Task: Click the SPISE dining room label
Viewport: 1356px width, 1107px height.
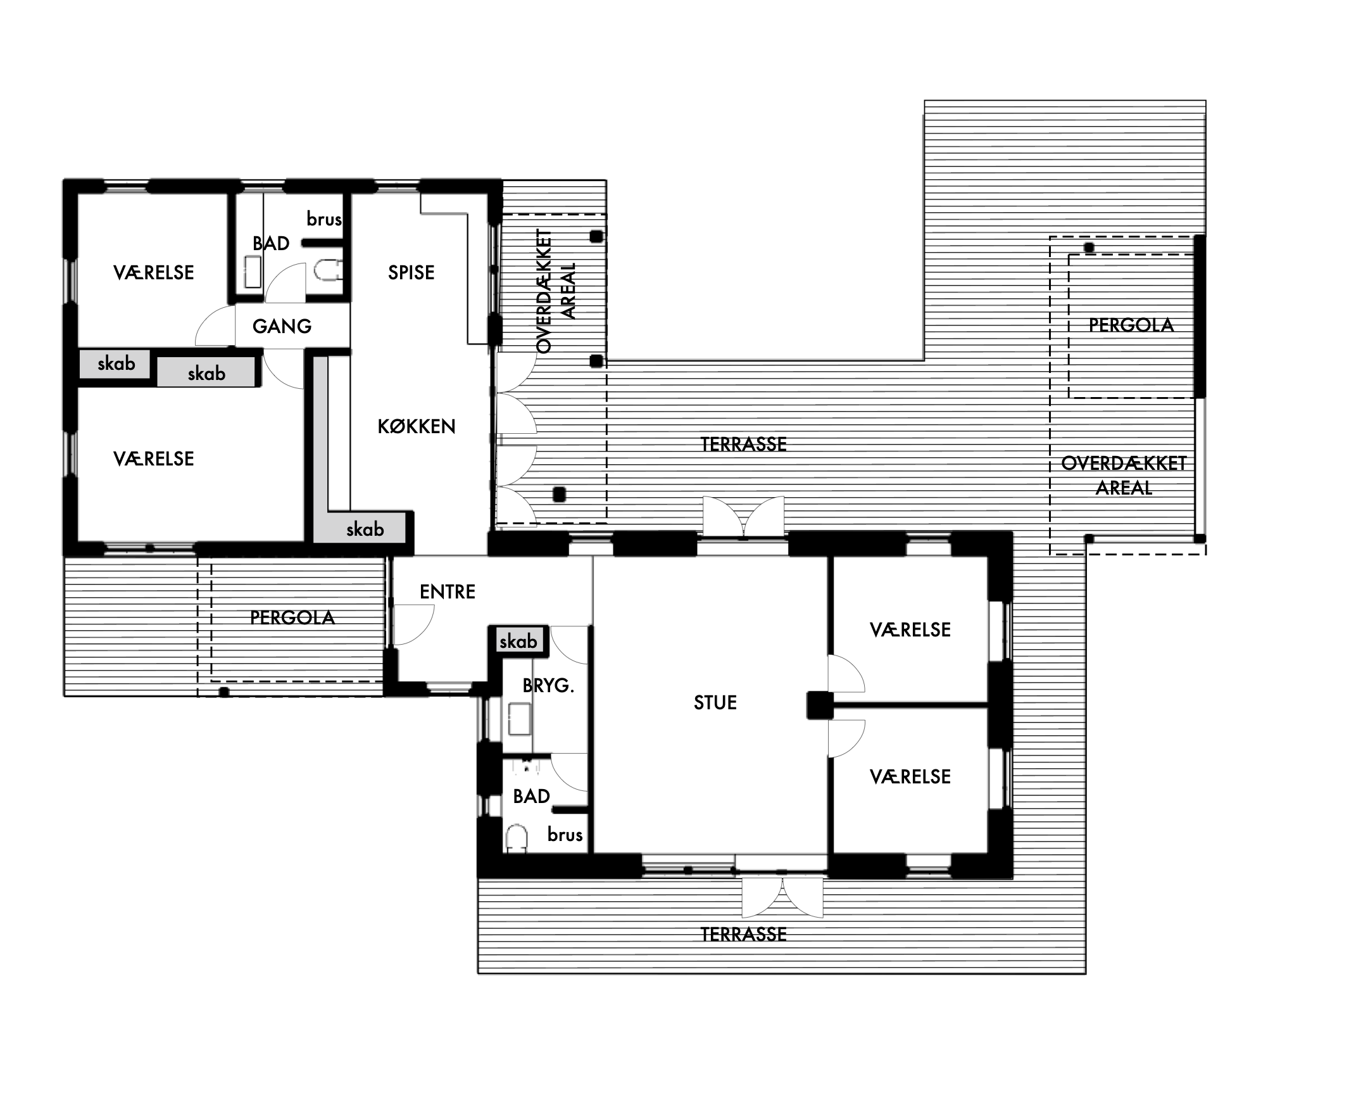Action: (411, 273)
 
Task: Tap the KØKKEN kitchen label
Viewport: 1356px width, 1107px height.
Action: (417, 427)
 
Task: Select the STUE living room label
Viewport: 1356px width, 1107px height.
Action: (715, 703)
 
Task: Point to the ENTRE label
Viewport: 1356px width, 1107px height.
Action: (448, 591)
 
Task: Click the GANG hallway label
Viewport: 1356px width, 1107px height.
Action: (282, 327)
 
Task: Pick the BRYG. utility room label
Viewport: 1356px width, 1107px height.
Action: (548, 685)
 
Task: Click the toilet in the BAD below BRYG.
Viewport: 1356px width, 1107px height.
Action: (517, 838)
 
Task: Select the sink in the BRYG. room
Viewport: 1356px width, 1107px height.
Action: (520, 719)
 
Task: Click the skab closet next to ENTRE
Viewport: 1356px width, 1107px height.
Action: (518, 641)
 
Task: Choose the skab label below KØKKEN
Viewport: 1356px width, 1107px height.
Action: (365, 529)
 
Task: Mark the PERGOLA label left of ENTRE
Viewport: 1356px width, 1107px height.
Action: (292, 617)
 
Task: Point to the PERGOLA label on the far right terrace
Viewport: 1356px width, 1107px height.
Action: (1131, 326)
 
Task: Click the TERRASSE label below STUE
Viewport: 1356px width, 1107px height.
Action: (743, 934)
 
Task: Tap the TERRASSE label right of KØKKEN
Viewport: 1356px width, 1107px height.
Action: (743, 444)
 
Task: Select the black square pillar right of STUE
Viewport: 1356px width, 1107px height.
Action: (820, 705)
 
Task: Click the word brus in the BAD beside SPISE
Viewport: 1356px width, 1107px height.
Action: (325, 218)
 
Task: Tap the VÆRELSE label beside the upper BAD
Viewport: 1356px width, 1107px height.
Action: (154, 273)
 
